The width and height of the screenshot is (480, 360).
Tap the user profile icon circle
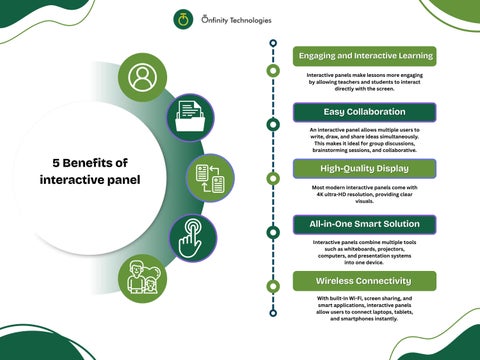click(x=142, y=77)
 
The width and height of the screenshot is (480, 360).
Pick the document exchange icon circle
click(x=209, y=177)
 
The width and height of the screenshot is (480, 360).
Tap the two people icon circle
click(x=141, y=281)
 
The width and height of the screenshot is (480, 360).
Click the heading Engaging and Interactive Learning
click(x=364, y=55)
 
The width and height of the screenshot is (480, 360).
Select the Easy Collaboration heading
click(x=364, y=111)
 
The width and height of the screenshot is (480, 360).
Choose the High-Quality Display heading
click(x=364, y=167)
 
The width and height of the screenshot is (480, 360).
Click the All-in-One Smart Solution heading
click(x=364, y=224)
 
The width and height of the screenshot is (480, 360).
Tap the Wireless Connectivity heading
click(x=364, y=281)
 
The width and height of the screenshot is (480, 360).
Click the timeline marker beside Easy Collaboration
click(x=273, y=124)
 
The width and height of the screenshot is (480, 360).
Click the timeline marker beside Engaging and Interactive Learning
click(x=273, y=71)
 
